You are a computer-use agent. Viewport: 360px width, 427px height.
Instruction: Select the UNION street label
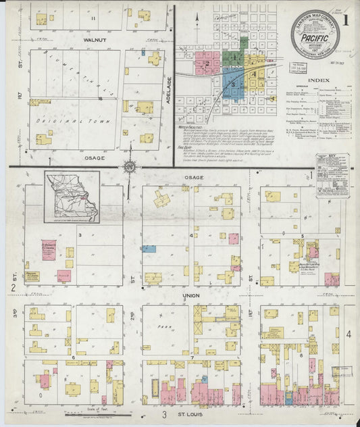click(192, 296)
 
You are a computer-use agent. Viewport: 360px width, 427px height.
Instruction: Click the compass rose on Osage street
click(129, 166)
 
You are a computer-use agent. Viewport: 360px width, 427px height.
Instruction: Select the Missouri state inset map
click(72, 197)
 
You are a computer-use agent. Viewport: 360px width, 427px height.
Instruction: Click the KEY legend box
click(332, 175)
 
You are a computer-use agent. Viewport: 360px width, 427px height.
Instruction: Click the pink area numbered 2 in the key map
click(206, 64)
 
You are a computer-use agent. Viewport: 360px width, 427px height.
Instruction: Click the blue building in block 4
click(149, 249)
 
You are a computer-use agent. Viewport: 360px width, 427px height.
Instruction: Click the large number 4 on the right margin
click(349, 334)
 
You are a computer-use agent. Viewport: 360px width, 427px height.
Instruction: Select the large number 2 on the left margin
click(13, 288)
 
